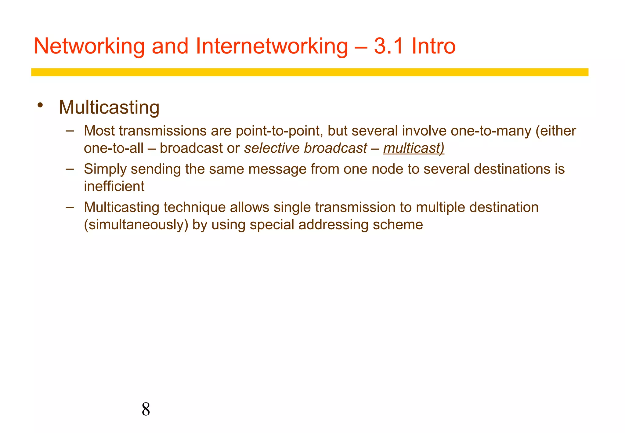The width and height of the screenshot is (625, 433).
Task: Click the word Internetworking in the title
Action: coord(271,46)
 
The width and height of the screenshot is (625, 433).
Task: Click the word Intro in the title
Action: coord(433,46)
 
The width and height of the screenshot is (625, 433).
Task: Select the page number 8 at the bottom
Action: coord(146,409)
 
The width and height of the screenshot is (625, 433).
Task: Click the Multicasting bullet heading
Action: coord(109,107)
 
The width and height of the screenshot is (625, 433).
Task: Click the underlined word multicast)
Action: coord(414,148)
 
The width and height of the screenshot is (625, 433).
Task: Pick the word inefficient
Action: coord(114,187)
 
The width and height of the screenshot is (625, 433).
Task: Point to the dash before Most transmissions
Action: coord(70,131)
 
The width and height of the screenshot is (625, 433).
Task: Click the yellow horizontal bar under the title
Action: coord(309,72)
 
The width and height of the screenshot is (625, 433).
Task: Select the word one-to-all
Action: coord(114,148)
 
